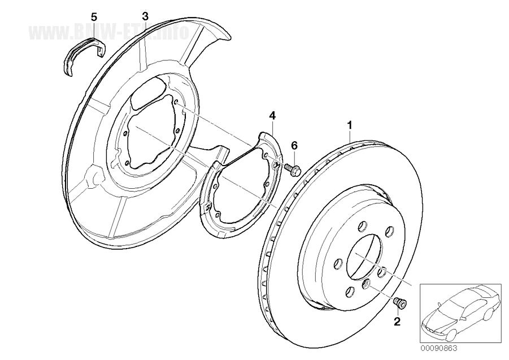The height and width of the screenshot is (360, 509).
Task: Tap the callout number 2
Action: [x=397, y=322]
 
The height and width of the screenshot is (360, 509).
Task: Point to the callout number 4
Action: [x=272, y=115]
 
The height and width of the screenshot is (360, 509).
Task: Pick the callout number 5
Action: [x=94, y=16]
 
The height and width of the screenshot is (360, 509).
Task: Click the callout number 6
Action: [x=294, y=145]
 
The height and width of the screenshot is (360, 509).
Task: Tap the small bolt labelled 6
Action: [x=292, y=168]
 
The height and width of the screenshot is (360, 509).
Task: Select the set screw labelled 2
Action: [x=401, y=303]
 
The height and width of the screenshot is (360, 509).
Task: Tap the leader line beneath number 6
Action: [x=294, y=157]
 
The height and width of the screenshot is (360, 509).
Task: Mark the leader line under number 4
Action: [x=272, y=127]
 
